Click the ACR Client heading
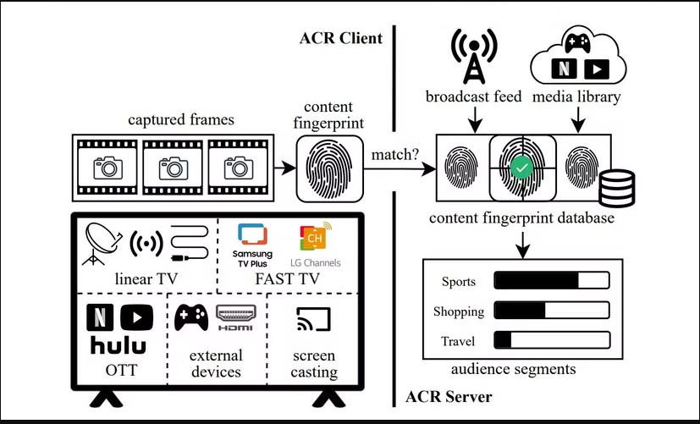pyautogui.click(x=341, y=38)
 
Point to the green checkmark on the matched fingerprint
pyautogui.click(x=523, y=169)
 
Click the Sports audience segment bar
pyautogui.click(x=551, y=281)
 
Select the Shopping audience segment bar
pyautogui.click(x=551, y=311)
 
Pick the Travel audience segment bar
pyautogui.click(x=551, y=341)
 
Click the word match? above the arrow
pyautogui.click(x=394, y=156)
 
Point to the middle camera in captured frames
pyautogui.click(x=174, y=169)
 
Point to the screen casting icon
pyautogui.click(x=313, y=319)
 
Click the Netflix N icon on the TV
pyautogui.click(x=98, y=317)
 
